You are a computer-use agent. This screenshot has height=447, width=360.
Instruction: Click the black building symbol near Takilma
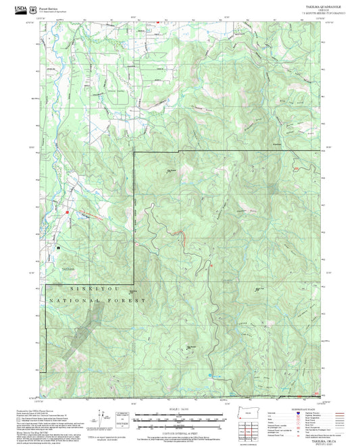coord(59,248)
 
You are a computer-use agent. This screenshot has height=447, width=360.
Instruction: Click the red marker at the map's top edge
coord(158,22)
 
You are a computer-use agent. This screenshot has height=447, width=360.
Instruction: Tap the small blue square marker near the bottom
coord(211,373)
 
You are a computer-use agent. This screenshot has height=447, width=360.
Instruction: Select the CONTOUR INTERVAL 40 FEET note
coord(180,430)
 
